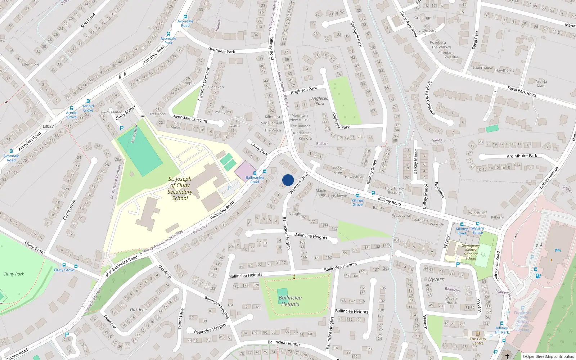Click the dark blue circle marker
288,180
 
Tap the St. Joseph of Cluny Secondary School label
180,189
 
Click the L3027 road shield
48,126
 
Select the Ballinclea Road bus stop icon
265,172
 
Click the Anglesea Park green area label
320,101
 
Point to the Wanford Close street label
299,183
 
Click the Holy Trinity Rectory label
394,190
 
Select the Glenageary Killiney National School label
471,252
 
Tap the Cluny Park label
14,274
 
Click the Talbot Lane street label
181,318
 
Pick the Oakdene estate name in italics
138,310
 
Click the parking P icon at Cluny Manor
122,128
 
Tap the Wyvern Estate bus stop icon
478,224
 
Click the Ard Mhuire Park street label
522,156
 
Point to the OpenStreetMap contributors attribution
548,356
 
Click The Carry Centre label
478,341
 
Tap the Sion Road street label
88,21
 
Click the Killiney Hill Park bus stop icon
501,323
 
